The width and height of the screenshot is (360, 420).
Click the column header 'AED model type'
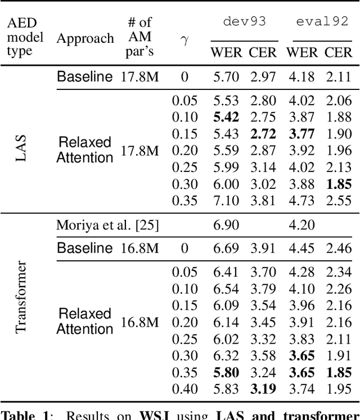coord(25,37)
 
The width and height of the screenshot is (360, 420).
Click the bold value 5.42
coord(226,117)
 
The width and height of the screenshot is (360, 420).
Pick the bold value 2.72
coord(263,134)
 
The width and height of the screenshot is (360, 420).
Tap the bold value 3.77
coord(300,134)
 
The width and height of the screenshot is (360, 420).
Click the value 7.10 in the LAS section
coord(226,201)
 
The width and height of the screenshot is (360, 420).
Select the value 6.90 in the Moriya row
coord(226,225)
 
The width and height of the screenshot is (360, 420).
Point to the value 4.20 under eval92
coord(300,225)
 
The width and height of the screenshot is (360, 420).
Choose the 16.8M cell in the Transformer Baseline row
coord(139,248)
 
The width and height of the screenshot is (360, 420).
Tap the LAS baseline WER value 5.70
coord(226,76)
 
